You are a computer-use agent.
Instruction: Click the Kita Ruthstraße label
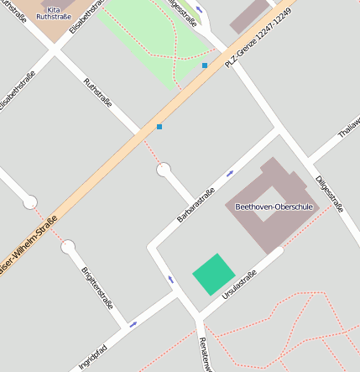click(x=53, y=13)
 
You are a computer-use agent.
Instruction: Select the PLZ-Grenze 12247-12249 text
click(x=263, y=39)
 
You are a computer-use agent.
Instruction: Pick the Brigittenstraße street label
click(x=97, y=287)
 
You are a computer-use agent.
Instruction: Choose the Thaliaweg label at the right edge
click(x=347, y=127)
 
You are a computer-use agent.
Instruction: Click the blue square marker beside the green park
click(x=204, y=65)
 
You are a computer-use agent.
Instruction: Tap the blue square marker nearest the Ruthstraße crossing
click(x=159, y=127)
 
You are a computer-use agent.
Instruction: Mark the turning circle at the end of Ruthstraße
click(x=164, y=170)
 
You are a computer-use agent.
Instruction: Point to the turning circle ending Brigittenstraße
click(x=68, y=247)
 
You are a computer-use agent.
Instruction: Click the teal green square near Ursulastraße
click(x=213, y=274)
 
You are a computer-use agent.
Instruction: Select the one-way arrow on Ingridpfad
click(x=133, y=323)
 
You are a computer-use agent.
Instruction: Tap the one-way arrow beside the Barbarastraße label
click(x=230, y=174)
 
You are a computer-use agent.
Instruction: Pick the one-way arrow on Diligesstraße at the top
click(x=198, y=11)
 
